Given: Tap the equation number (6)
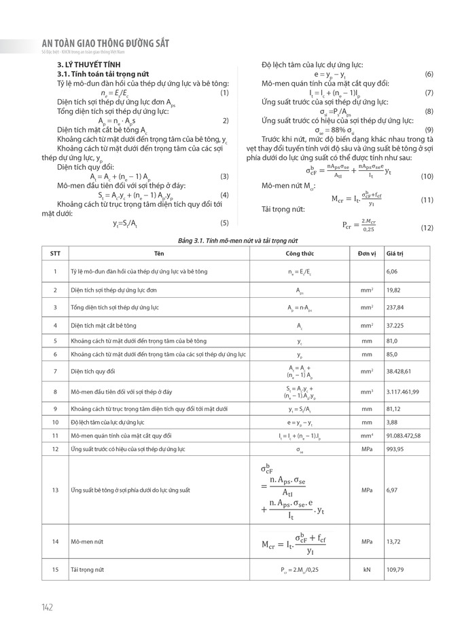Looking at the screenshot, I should pyautogui.click(x=429, y=73).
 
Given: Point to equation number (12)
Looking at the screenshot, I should pyautogui.click(x=427, y=227).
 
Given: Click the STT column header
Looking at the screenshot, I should pyautogui.click(x=55, y=253).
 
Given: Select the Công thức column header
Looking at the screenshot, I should pyautogui.click(x=299, y=253).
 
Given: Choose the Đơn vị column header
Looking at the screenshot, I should pyautogui.click(x=367, y=253).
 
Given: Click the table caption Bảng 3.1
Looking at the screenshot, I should pyautogui.click(x=236, y=239).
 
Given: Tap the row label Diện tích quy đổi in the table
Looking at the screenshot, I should pyautogui.click(x=93, y=371).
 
